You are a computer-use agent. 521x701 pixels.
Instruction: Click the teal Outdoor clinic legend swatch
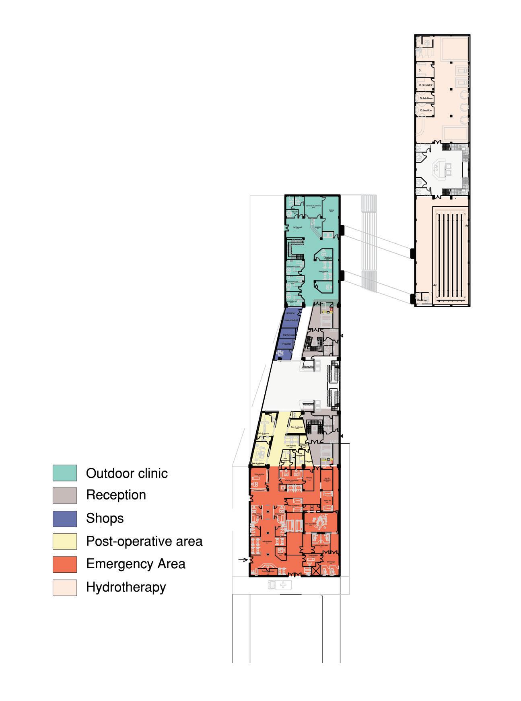[x=64, y=473]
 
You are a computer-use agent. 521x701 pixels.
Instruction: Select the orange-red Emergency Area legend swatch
[x=64, y=564]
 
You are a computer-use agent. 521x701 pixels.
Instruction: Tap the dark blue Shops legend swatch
[x=64, y=518]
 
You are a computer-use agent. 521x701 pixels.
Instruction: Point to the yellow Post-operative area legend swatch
[x=64, y=541]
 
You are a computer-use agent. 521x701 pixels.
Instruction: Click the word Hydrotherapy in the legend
[x=126, y=587]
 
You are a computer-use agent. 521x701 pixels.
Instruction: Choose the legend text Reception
[x=116, y=495]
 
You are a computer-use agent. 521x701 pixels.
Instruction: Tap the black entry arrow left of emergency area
[x=243, y=559]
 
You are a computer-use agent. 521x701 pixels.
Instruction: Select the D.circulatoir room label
[x=425, y=85]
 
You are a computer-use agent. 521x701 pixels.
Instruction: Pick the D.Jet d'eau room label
[x=426, y=98]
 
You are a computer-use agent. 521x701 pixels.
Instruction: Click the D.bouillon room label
[x=426, y=110]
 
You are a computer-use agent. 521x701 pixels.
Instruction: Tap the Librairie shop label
[x=290, y=313]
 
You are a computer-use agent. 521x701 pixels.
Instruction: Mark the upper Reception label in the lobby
[x=308, y=367]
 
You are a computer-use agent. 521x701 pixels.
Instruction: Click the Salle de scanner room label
[x=264, y=434]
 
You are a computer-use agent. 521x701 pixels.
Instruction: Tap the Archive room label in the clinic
[x=331, y=210]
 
